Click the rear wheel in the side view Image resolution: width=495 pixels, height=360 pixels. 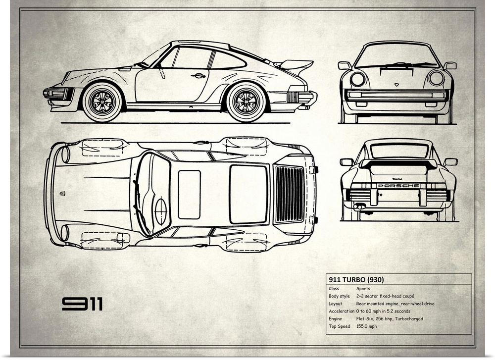click(246, 102)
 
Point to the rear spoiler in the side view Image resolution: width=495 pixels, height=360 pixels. click(295, 65)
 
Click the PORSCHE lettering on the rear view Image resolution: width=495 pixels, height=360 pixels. click(398, 186)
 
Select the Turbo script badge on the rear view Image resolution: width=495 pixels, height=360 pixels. click(397, 178)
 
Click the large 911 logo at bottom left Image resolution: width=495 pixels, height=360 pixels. click(82, 304)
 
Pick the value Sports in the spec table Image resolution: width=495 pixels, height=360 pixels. click(363, 288)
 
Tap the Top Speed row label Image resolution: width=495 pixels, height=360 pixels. click(339, 326)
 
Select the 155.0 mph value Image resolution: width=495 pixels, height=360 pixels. click(366, 326)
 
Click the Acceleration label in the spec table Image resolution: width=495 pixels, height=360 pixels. click(341, 311)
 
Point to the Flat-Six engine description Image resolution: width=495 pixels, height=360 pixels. click(389, 319)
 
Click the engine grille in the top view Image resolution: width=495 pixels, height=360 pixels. click(290, 194)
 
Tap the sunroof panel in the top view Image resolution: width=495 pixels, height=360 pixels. click(189, 194)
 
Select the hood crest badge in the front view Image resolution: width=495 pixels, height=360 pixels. click(396, 85)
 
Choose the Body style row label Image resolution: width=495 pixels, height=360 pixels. click(339, 296)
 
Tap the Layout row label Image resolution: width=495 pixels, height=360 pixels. click(335, 304)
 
